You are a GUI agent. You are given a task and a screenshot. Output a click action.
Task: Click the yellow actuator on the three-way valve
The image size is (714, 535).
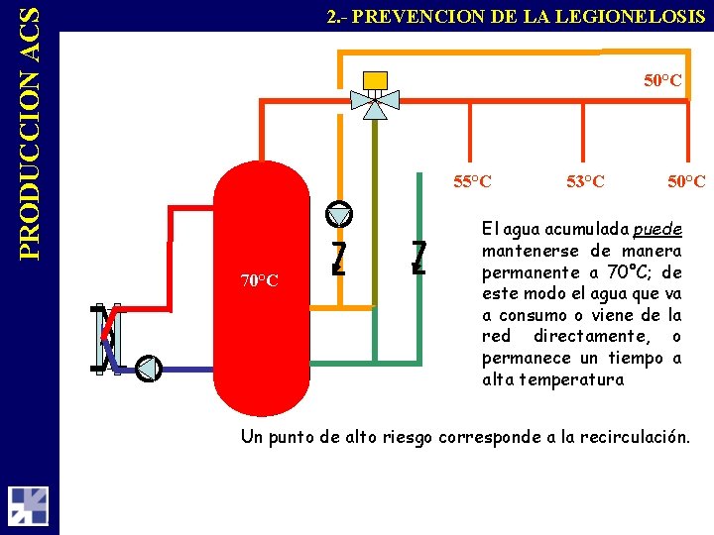(375, 79)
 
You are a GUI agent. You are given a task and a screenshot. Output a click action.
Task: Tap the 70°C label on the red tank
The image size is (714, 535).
(259, 280)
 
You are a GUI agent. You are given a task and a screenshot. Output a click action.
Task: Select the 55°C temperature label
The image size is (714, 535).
(472, 181)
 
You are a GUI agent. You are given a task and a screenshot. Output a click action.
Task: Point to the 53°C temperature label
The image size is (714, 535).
(585, 181)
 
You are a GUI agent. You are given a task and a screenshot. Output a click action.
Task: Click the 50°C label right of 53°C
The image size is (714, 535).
(686, 181)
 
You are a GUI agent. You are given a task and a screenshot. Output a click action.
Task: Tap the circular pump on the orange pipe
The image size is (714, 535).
(338, 214)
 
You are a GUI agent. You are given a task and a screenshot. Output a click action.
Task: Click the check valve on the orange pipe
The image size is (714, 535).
(338, 257)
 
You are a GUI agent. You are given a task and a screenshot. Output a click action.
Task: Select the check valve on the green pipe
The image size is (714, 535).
(418, 257)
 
